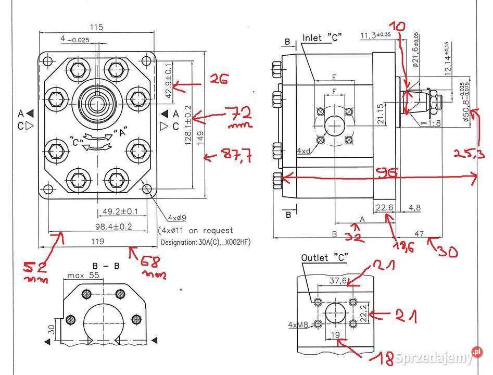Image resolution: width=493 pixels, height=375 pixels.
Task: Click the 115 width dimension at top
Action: pos(96,27)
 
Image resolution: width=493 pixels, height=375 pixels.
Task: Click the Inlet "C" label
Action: pos(323,38)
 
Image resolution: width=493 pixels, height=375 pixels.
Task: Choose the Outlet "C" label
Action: pos(324,258)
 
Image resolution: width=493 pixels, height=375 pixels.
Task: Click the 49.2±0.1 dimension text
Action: pos(120,211)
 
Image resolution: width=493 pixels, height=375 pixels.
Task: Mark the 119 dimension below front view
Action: pos(97,241)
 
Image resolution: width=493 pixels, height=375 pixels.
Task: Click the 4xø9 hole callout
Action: pos(177,217)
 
